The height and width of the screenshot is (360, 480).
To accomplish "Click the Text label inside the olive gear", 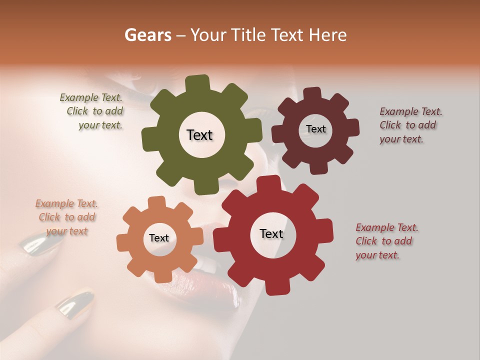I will tap(199, 135).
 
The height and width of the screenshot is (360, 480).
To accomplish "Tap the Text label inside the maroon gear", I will tap(315, 129).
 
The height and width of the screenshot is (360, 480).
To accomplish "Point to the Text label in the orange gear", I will tap(159, 238).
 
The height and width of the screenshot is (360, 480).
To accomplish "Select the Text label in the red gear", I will tap(271, 234).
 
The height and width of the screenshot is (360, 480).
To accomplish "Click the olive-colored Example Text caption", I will tap(92, 111).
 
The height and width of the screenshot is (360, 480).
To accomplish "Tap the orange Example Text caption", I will tap(66, 217).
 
